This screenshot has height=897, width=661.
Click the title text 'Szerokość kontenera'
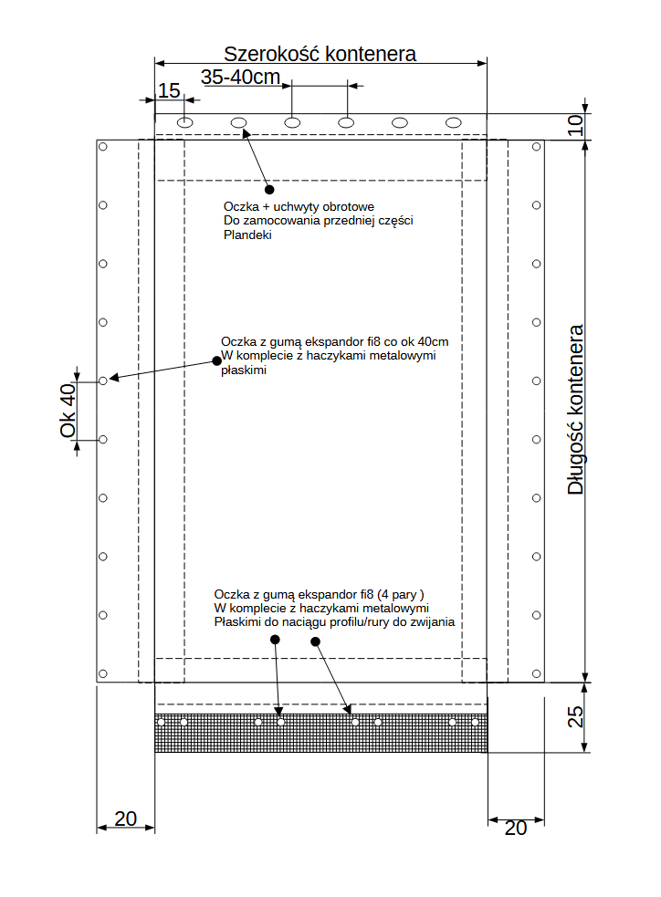pos(320,53)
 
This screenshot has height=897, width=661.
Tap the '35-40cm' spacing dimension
pos(240,77)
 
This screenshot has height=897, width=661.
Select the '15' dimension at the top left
pos(169,90)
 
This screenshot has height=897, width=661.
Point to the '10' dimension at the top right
pos(574,126)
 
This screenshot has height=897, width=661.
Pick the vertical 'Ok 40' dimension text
pos(68,410)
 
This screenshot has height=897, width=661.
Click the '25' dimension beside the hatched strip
pos(575,717)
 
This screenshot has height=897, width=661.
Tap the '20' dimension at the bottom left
pos(125,819)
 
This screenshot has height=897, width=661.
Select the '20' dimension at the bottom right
pos(516,828)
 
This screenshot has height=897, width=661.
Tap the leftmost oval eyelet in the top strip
pos(185,122)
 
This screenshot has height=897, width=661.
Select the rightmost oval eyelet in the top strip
pos(454,122)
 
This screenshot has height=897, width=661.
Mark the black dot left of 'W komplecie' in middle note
pos(216,360)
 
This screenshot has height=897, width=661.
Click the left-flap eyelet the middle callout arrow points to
pos(103,381)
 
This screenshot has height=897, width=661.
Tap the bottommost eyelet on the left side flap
pos(103,673)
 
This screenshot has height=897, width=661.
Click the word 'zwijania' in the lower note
pos(431,622)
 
